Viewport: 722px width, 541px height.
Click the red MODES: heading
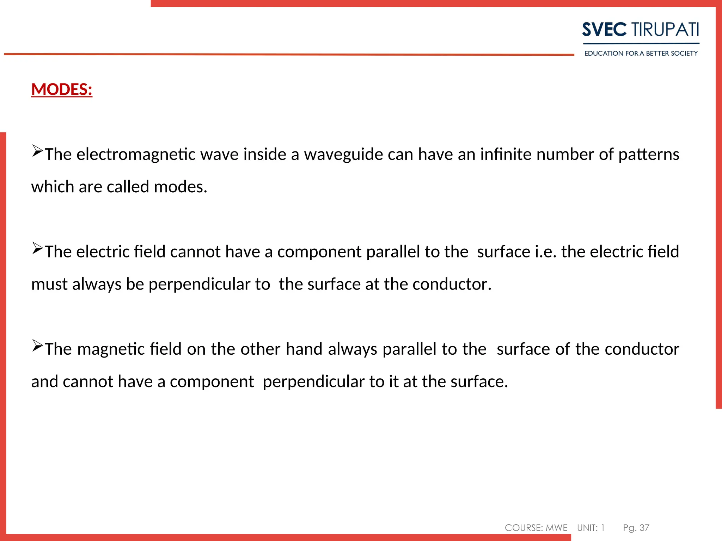tap(62, 89)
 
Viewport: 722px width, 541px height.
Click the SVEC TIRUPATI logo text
tap(641, 30)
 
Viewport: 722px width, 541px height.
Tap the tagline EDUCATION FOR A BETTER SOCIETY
tap(641, 54)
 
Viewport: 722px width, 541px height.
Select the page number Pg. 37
tap(636, 528)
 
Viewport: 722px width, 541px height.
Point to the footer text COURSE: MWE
tap(536, 528)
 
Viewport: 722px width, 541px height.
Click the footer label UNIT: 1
tap(591, 528)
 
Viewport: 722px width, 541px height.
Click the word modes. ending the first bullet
tap(180, 187)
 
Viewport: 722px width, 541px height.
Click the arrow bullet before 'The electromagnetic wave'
tap(37, 151)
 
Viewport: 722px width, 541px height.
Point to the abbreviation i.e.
tap(546, 252)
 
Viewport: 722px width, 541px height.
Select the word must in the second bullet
tap(49, 284)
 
